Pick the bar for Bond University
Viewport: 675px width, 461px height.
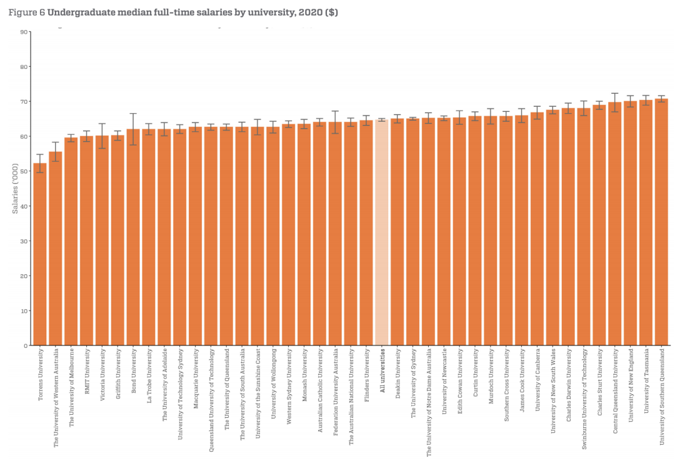132,237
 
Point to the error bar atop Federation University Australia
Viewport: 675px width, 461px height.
335,122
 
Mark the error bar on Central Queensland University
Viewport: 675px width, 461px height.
614,102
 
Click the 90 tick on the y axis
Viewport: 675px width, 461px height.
24,32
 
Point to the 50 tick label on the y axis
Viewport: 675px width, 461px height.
24,171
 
